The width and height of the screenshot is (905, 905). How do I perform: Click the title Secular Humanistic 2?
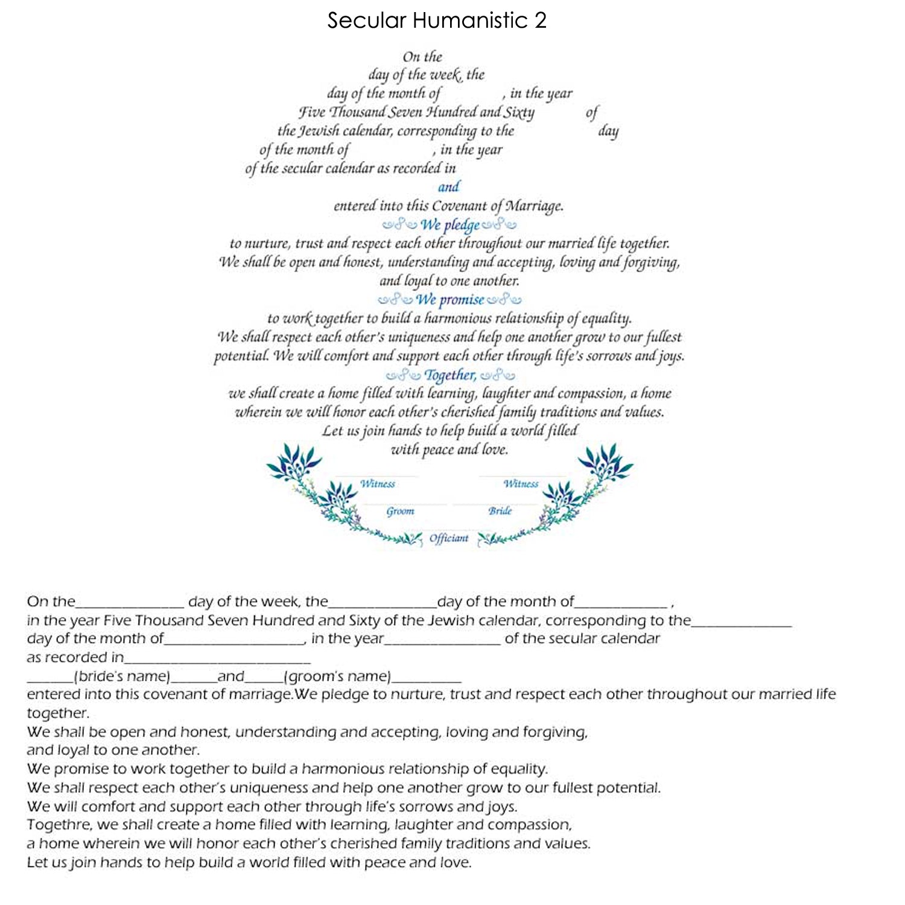click(437, 21)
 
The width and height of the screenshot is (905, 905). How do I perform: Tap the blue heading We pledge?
click(449, 225)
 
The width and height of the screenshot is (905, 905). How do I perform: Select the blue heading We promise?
click(449, 299)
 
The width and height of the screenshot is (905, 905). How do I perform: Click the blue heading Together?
click(450, 375)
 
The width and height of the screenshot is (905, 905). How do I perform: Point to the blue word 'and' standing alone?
click(448, 186)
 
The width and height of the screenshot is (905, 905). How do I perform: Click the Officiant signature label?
click(449, 538)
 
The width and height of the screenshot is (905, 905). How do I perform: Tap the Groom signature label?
click(400, 511)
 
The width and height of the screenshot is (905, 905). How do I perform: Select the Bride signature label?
click(500, 511)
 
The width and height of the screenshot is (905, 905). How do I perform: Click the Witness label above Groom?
click(378, 484)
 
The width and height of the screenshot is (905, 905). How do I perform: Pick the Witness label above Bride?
click(521, 484)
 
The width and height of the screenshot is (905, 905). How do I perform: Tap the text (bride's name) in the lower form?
click(122, 676)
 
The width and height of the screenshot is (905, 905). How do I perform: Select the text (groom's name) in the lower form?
click(337, 676)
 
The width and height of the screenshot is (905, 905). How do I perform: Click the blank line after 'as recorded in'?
click(217, 661)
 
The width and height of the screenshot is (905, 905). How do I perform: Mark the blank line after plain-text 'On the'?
click(130, 605)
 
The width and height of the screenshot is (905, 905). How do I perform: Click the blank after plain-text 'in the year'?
click(442, 643)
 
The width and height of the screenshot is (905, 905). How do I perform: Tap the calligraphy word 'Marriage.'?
click(534, 206)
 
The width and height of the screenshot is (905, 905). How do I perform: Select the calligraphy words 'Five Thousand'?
click(342, 112)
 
